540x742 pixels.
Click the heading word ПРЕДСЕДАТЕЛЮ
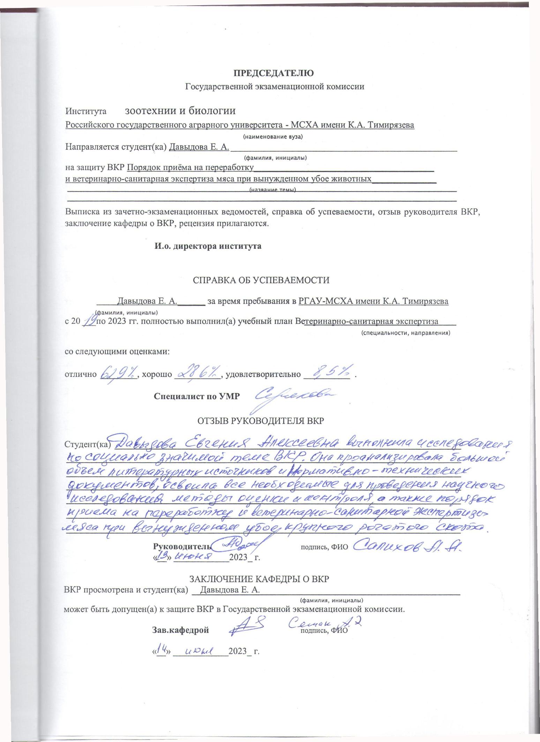tap(274, 73)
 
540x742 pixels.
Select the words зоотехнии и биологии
tap(180, 111)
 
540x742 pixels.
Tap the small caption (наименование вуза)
tap(273, 137)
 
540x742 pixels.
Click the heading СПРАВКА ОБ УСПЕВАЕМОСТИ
tap(261, 280)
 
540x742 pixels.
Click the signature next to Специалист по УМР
tap(295, 397)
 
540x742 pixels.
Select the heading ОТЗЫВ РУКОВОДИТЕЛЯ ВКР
tap(261, 421)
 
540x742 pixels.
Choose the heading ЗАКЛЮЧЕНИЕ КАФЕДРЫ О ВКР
tap(259, 579)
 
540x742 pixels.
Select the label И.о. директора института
tap(208, 246)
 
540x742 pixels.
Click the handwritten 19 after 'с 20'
tap(90, 321)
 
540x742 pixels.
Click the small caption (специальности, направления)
tap(406, 333)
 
